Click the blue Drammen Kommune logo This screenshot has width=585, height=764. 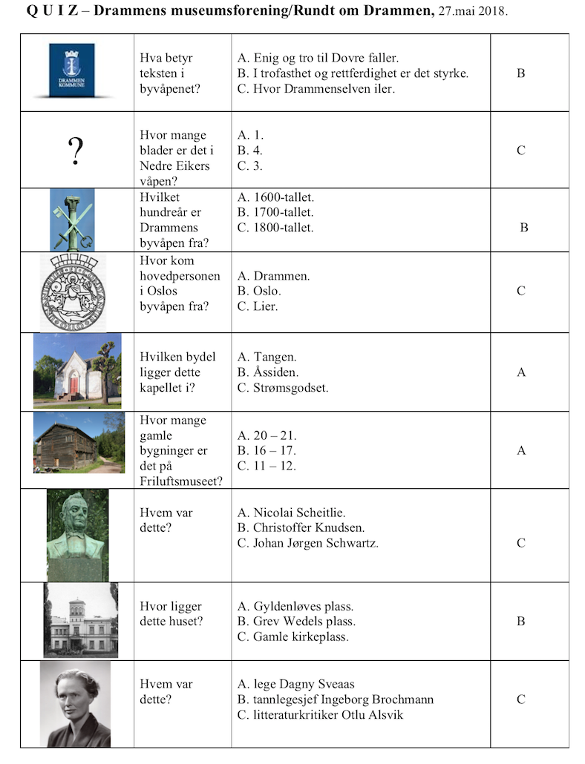tap(72, 70)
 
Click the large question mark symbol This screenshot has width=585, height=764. tap(75, 151)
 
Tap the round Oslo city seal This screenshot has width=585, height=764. tap(72, 292)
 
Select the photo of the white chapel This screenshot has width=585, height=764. tap(77, 370)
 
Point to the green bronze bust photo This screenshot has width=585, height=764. tap(77, 534)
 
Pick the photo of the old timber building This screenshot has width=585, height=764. tap(79, 444)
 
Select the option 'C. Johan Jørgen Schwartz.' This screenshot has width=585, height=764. tap(307, 543)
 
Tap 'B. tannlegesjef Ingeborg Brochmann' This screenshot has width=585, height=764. tap(336, 699)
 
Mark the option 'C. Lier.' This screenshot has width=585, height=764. tap(258, 306)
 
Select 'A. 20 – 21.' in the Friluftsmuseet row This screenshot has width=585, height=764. tap(267, 435)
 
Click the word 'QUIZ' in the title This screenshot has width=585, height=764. tap(52, 13)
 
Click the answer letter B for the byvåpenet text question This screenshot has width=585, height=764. tap(520, 73)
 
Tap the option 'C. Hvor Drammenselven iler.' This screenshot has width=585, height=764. tap(316, 89)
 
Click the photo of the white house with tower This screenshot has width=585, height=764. tap(80, 621)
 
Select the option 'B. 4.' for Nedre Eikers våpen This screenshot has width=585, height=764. tap(250, 151)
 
